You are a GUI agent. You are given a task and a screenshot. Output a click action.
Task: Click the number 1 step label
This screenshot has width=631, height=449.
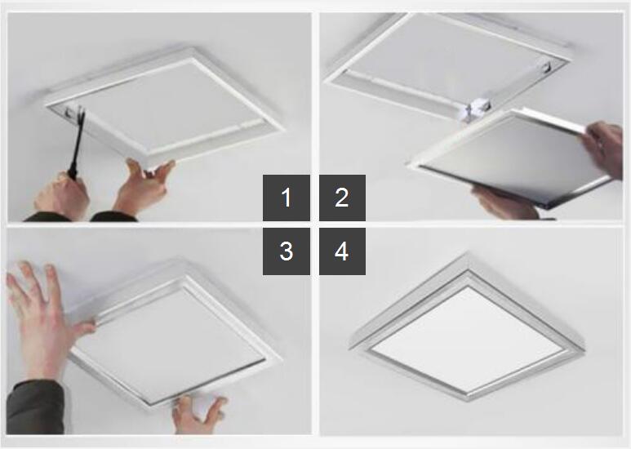pos(287,198)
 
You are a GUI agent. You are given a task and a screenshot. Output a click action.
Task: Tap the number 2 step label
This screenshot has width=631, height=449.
pos(342,198)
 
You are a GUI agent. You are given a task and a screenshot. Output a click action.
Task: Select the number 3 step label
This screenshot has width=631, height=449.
pos(287,251)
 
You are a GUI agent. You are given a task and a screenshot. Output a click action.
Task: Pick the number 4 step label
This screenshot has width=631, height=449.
pos(342,251)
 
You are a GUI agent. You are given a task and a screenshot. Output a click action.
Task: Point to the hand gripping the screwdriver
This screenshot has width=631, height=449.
pos(62,195)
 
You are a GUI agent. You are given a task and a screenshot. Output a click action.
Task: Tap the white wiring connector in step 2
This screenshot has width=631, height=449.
pos(475,109)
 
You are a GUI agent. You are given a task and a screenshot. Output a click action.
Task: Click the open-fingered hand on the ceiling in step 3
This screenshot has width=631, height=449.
pos(44,318)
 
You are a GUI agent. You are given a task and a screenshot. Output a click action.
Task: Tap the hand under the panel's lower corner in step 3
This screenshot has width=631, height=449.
pos(198,415)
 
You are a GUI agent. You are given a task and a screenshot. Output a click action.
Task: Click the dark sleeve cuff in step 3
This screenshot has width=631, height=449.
pos(35,407)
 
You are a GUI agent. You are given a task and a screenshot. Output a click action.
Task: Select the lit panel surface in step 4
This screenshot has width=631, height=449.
pos(467,339)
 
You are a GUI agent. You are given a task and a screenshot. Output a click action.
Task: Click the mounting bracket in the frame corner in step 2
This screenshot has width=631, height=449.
pos(547,66)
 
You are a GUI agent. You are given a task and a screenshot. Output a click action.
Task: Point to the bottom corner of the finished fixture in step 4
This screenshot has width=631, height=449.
pos(468,401)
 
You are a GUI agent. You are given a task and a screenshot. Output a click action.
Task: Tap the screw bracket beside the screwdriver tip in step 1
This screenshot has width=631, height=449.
pos(69,113)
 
